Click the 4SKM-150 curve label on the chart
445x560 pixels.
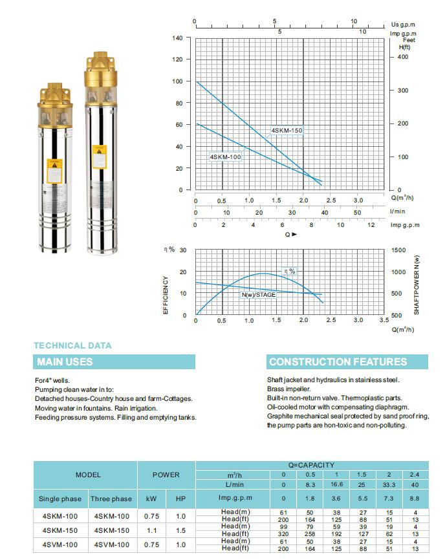tap(287, 131)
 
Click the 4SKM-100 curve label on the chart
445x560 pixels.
tap(226, 157)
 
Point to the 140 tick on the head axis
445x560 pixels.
tap(177, 38)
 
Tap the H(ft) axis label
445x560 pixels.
tap(404, 47)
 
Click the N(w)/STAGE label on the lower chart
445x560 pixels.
tap(259, 295)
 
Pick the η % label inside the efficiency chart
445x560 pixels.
tap(290, 272)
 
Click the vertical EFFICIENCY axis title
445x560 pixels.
tap(166, 296)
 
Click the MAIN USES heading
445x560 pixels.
tap(65, 361)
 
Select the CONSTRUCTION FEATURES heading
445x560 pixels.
tap(338, 361)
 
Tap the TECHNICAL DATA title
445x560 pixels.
tap(72, 346)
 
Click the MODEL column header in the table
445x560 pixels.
tap(88, 475)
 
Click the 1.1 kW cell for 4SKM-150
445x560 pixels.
tap(151, 530)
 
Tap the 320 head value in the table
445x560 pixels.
tap(283, 534)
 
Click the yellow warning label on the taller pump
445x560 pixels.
tap(100, 153)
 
